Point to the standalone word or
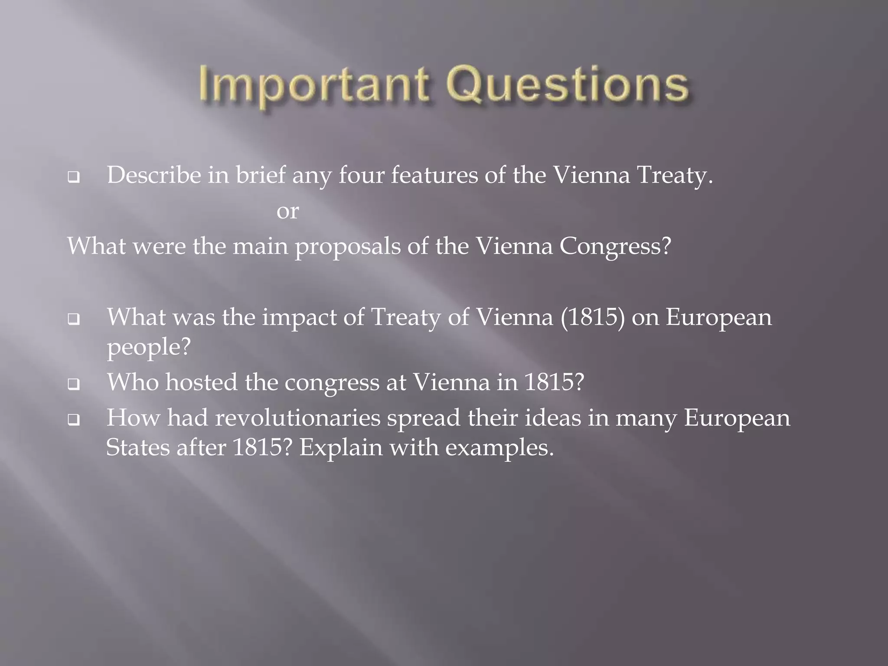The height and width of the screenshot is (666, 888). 287,211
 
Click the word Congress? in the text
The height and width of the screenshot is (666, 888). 615,246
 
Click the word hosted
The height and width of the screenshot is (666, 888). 201,382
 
